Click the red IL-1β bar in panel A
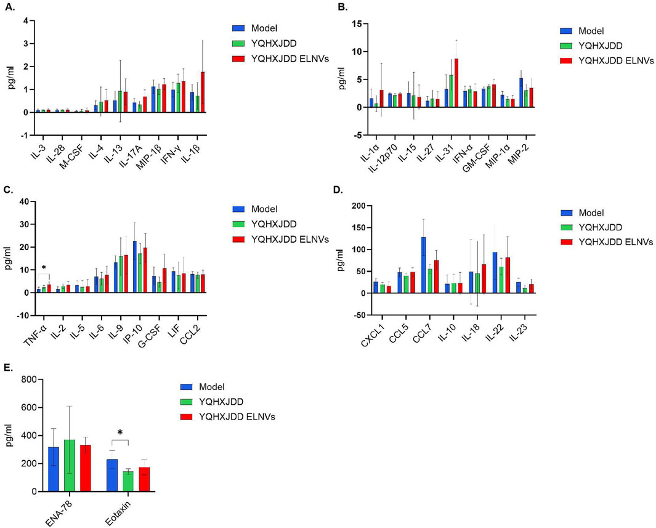coord(203,92)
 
